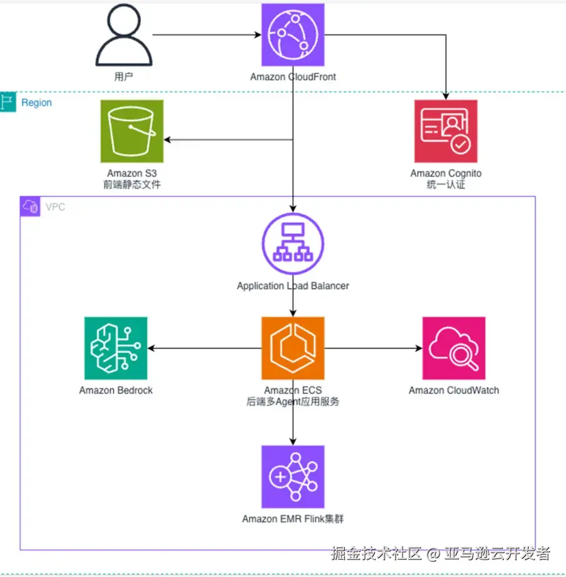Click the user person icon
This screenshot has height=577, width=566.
(124, 35)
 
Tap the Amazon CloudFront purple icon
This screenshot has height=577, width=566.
(293, 35)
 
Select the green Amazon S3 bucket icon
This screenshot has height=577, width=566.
(132, 131)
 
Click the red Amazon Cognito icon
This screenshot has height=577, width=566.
(446, 131)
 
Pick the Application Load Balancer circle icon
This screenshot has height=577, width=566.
(293, 244)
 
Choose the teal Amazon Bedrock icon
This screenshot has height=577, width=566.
(116, 348)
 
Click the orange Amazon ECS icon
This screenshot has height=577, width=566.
(293, 348)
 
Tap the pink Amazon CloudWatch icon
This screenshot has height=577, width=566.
(454, 348)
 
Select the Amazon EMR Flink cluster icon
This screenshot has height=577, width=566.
(293, 477)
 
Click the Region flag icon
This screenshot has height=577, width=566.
(8, 102)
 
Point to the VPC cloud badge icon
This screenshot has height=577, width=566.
(30, 207)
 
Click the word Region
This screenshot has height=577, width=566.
(36, 102)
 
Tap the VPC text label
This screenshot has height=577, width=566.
(55, 207)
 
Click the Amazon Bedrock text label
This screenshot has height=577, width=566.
(116, 390)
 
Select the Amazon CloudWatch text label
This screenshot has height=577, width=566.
(454, 390)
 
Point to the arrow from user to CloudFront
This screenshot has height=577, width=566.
(207, 35)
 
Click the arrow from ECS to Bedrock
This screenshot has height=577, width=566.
(205, 348)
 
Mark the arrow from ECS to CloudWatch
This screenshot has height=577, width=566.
(373, 348)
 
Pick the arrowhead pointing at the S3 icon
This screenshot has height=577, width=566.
(167, 140)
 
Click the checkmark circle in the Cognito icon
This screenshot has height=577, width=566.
(460, 145)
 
